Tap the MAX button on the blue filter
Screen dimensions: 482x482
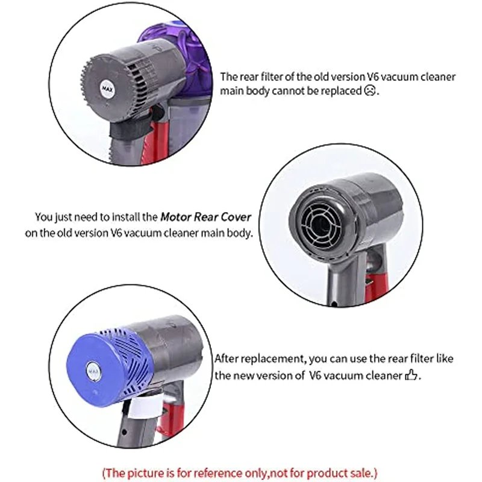(x=92, y=369)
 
